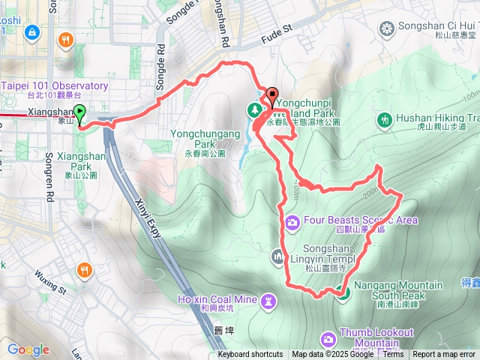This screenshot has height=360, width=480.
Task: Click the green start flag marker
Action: (x=79, y=113)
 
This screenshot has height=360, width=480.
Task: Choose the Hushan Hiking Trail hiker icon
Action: (x=385, y=119)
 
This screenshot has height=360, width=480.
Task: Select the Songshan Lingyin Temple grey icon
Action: (x=277, y=257)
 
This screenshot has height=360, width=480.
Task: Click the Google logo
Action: (x=28, y=349)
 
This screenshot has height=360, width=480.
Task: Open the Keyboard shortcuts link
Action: (x=250, y=355)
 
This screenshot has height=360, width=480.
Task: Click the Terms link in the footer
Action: (x=393, y=355)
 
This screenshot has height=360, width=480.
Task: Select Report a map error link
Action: (x=445, y=355)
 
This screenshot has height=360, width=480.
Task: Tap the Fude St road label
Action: (x=275, y=37)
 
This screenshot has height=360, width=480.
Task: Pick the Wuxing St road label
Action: (x=51, y=285)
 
